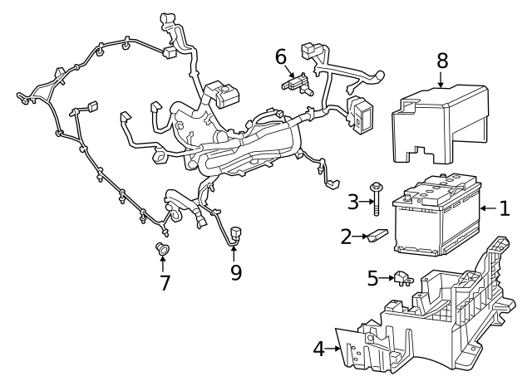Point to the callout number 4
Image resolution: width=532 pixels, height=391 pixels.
(319, 349)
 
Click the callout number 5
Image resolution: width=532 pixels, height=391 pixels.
(372, 278)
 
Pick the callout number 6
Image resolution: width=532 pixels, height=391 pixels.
(281, 56)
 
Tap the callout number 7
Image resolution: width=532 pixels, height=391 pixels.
(165, 282)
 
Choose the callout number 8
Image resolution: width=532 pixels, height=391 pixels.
(441, 60)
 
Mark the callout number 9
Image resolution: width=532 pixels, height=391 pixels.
(236, 271)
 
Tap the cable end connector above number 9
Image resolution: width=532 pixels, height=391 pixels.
(235, 233)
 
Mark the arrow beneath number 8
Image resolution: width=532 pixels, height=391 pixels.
(441, 79)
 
